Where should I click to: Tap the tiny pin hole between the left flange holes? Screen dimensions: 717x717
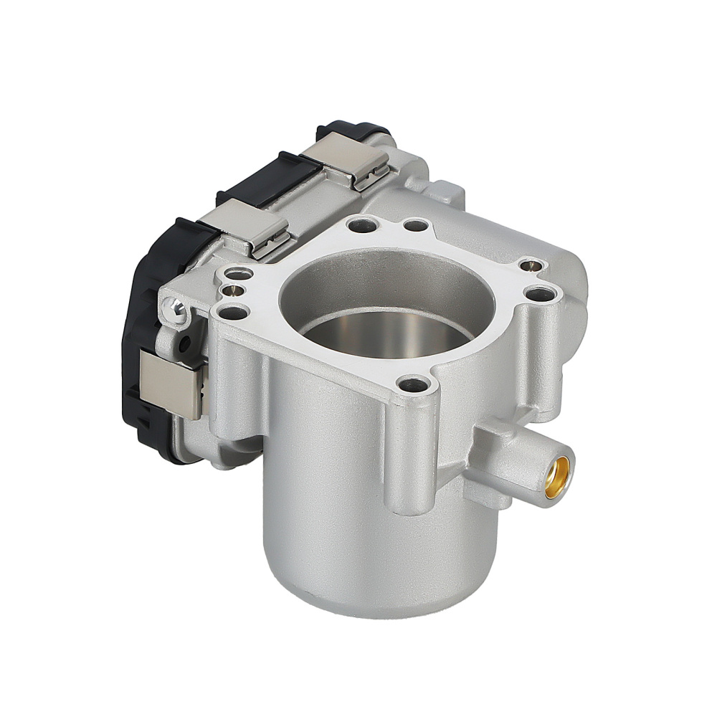coord(231,290)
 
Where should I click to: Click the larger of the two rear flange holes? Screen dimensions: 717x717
coord(360,227)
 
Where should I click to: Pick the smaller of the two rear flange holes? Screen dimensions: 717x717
coord(413,226)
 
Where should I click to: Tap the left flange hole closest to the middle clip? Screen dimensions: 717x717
coord(236,273)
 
